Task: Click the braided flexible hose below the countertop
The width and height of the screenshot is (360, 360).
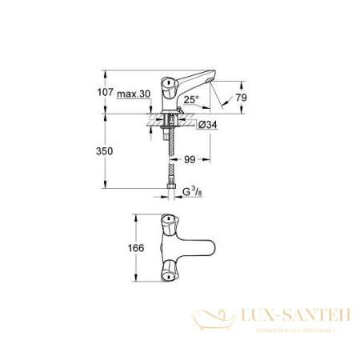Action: click(x=170, y=156)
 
